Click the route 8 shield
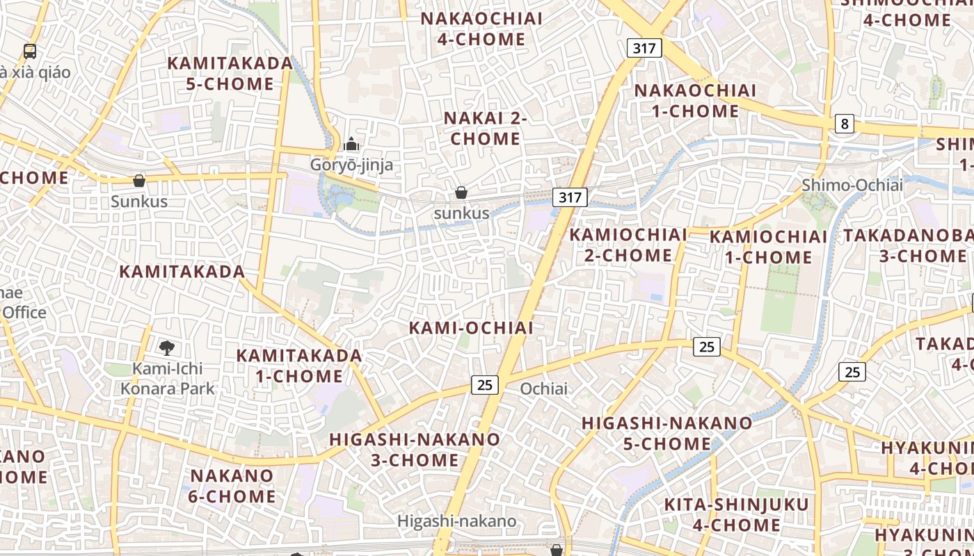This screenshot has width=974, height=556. (845, 124)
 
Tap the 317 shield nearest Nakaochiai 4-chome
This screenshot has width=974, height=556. (644, 48)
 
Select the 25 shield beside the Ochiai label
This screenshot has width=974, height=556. (485, 384)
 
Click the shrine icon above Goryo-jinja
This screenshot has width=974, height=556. (351, 145)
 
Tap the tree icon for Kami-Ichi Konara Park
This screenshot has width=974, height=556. (166, 347)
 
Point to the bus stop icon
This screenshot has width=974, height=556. (30, 51)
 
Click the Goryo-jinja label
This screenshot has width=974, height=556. (351, 165)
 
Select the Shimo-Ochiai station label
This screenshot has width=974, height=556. (852, 185)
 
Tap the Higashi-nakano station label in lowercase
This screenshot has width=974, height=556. (456, 521)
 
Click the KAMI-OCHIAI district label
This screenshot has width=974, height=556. (471, 327)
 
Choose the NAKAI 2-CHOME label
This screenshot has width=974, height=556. (486, 129)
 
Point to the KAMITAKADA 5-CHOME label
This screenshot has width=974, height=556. (230, 73)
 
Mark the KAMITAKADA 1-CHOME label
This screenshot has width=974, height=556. (299, 366)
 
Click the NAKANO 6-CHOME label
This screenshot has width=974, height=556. (232, 486)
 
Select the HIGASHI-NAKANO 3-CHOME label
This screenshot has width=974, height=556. (415, 450)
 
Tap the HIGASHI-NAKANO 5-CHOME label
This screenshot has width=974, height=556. (666, 433)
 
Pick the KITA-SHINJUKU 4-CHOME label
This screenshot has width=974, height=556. (736, 514)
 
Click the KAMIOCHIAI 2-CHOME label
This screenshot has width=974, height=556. (628, 245)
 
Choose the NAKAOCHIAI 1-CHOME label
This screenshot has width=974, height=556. (695, 101)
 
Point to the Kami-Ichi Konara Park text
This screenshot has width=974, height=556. (168, 378)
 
